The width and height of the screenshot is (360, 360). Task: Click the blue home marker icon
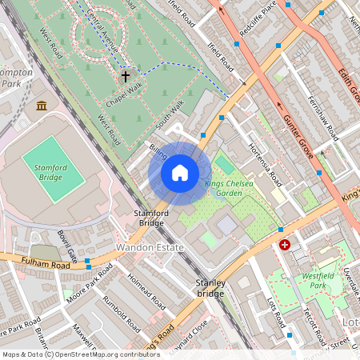coord(180,173)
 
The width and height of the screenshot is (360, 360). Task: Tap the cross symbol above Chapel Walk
coord(125,77)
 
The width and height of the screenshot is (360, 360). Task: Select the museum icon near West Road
coord(42,106)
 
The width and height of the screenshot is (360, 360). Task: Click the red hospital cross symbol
coord(285,245)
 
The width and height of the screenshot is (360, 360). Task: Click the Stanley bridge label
coord(210,289)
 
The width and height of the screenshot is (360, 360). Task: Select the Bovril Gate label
coord(66,246)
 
